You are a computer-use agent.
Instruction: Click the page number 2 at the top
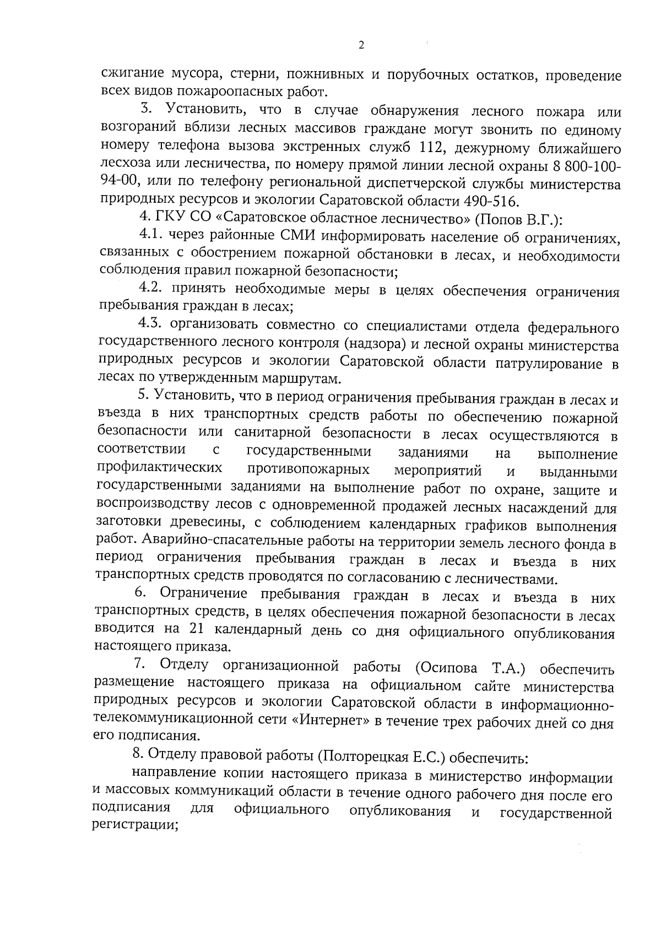361,46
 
